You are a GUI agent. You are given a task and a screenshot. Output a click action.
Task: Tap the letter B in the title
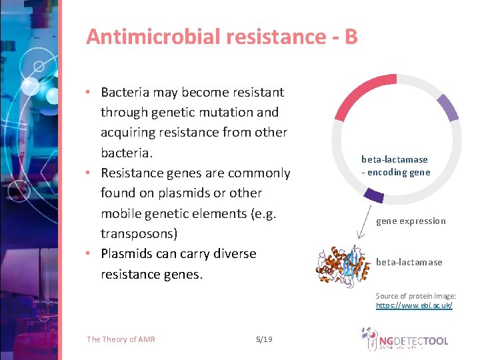coord(351,37)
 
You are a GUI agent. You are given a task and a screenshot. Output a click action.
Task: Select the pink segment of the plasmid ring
coord(363,94)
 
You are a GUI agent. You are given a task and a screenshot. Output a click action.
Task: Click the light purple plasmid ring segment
coord(447,107)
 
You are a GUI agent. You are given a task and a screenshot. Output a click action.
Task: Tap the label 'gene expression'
coord(411,221)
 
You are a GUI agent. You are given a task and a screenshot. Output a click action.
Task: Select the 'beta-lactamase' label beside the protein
coord(409,262)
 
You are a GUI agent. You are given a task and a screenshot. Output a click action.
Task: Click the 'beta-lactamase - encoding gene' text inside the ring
coord(395,166)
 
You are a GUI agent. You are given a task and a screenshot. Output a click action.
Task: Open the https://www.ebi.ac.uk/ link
coord(414,305)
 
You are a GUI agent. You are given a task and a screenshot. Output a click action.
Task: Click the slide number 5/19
coord(264,339)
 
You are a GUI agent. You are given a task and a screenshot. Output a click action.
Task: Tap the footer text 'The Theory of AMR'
coord(121,339)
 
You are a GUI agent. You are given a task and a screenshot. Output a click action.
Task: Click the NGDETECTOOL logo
coord(405,341)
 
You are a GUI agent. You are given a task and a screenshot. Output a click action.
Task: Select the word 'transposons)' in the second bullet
coord(139,233)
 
